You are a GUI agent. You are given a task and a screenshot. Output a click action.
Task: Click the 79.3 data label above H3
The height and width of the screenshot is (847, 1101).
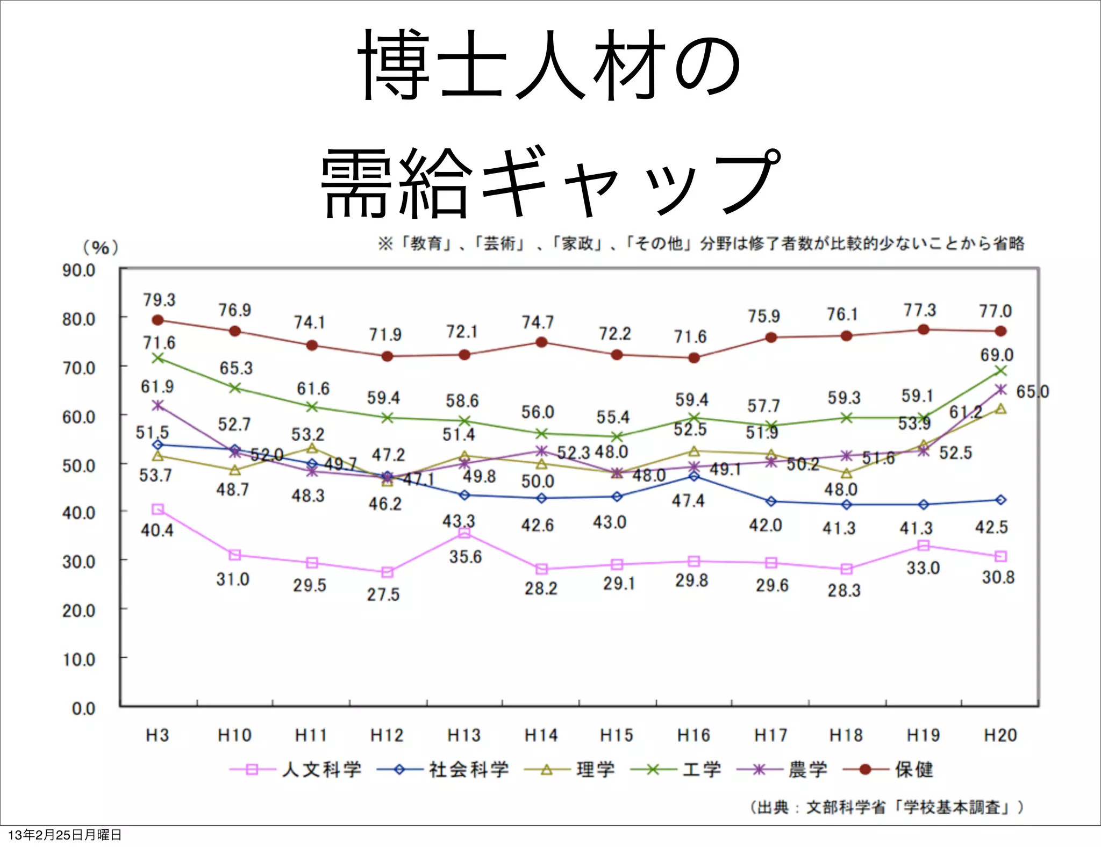pyautogui.click(x=159, y=300)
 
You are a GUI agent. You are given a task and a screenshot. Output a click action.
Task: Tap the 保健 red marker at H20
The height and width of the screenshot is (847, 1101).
pyautogui.click(x=1000, y=331)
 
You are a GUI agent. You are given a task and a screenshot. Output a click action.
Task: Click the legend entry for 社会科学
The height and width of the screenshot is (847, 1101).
pyautogui.click(x=444, y=770)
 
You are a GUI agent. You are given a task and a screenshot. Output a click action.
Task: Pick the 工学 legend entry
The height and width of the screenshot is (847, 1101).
pyautogui.click(x=676, y=770)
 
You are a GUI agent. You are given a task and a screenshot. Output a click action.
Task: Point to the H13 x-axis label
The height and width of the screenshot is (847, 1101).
pyautogui.click(x=464, y=735)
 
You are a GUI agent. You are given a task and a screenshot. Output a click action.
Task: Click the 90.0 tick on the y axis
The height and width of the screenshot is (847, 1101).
pyautogui.click(x=79, y=270)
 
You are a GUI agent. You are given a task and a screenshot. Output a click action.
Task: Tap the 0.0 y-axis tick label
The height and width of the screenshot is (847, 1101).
pyautogui.click(x=84, y=708)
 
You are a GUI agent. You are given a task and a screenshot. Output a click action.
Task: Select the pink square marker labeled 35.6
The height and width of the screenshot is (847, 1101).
pyautogui.click(x=464, y=533)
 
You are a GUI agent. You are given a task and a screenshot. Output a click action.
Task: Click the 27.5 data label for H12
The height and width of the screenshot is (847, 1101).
pyautogui.click(x=383, y=594)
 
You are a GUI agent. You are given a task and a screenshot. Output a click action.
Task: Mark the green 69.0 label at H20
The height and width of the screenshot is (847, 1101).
pyautogui.click(x=997, y=355)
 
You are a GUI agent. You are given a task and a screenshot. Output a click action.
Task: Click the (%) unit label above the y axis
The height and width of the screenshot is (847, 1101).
pyautogui.click(x=101, y=248)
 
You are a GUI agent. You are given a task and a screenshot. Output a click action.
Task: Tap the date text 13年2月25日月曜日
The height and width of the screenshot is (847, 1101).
pyautogui.click(x=65, y=835)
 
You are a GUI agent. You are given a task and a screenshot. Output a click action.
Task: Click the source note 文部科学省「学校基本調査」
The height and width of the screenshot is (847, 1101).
pyautogui.click(x=887, y=807)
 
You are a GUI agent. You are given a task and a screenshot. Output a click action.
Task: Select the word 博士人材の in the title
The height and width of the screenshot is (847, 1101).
pyautogui.click(x=549, y=66)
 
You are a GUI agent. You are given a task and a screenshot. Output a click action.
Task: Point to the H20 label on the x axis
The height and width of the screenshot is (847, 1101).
pyautogui.click(x=1000, y=735)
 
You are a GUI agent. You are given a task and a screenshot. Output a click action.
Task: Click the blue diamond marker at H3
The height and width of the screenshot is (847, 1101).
pyautogui.click(x=158, y=445)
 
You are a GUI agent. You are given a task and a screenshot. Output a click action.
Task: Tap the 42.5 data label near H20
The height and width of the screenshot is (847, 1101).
pyautogui.click(x=991, y=527)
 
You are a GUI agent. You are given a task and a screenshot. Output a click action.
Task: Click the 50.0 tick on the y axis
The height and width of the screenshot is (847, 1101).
pyautogui.click(x=79, y=466)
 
